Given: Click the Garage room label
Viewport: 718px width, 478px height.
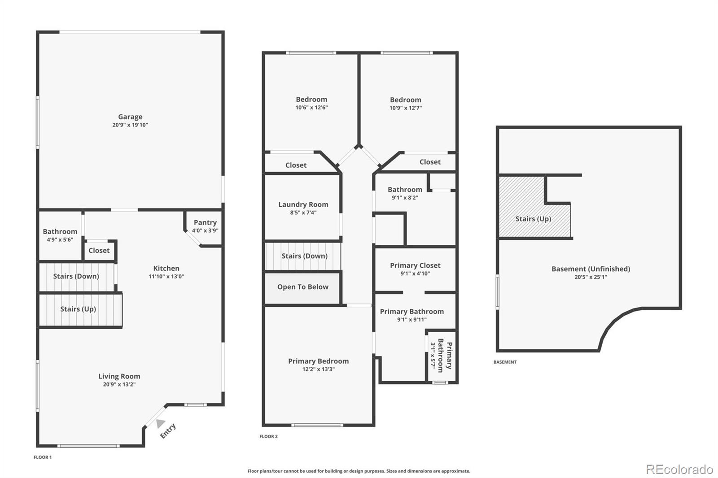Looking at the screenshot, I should tap(130, 117).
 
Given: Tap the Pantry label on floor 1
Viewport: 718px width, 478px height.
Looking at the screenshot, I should tap(205, 222).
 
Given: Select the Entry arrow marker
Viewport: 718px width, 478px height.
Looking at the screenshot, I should tap(160, 423).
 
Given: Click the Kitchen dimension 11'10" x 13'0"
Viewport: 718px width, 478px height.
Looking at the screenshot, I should tap(166, 277).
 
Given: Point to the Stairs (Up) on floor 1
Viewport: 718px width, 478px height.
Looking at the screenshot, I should tap(78, 309).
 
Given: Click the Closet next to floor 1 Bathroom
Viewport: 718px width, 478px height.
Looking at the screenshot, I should tap(99, 251).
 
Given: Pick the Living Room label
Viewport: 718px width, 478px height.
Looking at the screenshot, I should tap(119, 376).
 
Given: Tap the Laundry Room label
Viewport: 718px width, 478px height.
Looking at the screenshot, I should tap(303, 204).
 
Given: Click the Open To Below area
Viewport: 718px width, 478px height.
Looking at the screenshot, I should tap(302, 287).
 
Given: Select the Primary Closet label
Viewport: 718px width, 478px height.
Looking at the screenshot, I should tap(415, 265).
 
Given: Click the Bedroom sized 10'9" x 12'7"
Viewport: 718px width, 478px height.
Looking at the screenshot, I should tap(405, 100).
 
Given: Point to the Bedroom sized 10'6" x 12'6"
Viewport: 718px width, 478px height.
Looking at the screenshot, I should tap(311, 100).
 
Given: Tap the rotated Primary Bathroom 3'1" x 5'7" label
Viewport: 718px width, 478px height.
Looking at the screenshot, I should tap(442, 355).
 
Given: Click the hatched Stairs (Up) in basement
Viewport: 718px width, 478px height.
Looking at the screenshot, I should tap(533, 219).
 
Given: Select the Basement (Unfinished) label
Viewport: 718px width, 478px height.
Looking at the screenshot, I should tap(591, 269).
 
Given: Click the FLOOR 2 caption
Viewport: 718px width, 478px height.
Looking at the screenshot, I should tap(268, 436).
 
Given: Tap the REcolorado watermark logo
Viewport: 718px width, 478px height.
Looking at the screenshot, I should tap(679, 469).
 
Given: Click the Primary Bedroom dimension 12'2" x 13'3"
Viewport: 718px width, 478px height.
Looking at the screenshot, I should tap(318, 369).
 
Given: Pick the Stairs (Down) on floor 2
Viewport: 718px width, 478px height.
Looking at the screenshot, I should tap(304, 256).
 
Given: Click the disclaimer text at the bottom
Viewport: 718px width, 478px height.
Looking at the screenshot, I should tap(359, 471).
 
